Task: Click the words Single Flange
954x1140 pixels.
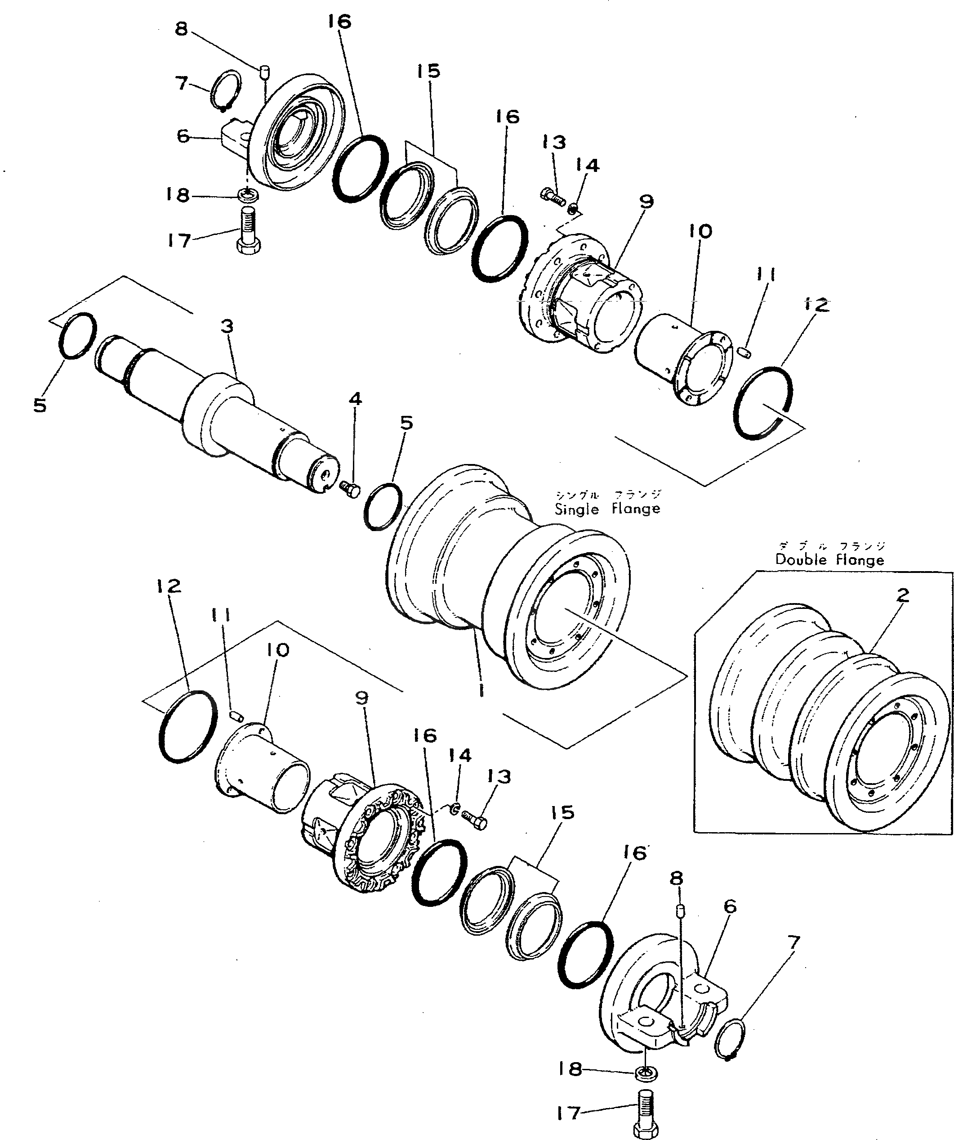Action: [x=607, y=509]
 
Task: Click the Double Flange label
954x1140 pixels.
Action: [x=829, y=560]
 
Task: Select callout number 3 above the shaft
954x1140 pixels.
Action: [x=227, y=326]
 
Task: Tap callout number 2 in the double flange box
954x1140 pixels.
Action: [x=902, y=595]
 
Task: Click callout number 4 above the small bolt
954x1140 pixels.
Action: [x=355, y=399]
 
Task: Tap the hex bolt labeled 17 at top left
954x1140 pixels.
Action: [x=249, y=232]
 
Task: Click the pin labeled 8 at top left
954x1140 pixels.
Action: [x=265, y=71]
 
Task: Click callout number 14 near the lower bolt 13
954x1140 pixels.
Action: [x=460, y=755]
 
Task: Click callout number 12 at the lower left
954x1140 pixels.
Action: [x=168, y=586]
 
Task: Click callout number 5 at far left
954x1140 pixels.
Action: [x=40, y=405]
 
